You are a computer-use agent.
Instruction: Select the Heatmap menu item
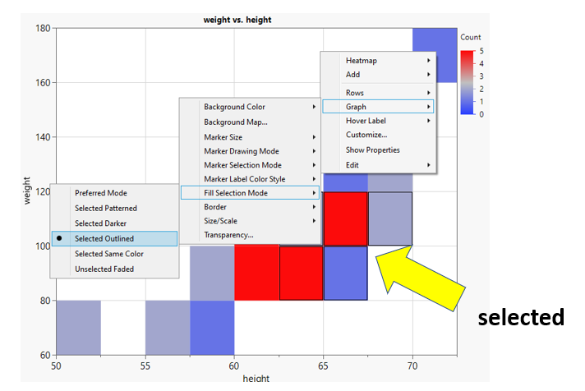pos(362,61)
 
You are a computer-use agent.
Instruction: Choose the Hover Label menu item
pos(366,121)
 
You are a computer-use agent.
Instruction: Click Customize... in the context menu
pos(366,135)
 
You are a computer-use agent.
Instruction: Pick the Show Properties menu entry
pos(373,149)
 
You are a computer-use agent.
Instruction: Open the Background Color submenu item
pos(234,107)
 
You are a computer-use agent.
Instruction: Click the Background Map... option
pos(236,122)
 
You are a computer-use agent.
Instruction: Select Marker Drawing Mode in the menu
pos(242,150)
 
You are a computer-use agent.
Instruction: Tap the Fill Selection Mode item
pos(236,193)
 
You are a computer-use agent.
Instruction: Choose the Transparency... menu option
pos(228,234)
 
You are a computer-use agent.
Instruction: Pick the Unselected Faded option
pos(105,269)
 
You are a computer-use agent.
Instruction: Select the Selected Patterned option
pos(106,208)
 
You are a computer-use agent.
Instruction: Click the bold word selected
pos(521,317)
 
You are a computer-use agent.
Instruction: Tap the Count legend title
pos(471,38)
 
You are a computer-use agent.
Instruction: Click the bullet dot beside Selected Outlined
pos(60,238)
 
